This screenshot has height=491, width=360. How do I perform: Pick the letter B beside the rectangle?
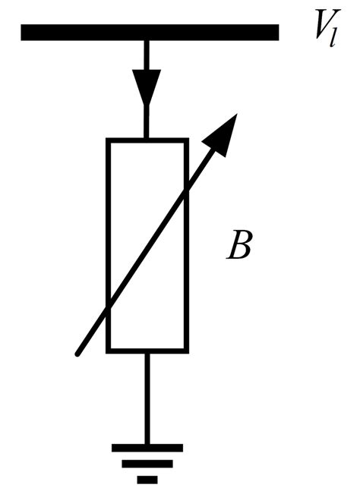239,248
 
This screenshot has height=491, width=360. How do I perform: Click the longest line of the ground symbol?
147,448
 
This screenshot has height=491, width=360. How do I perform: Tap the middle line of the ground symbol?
147,463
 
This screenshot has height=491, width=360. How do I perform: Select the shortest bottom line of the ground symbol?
147,478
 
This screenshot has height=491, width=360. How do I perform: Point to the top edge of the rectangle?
147,140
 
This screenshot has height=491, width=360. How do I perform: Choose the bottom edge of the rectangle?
147,350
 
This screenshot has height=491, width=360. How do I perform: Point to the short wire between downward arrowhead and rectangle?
147,123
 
